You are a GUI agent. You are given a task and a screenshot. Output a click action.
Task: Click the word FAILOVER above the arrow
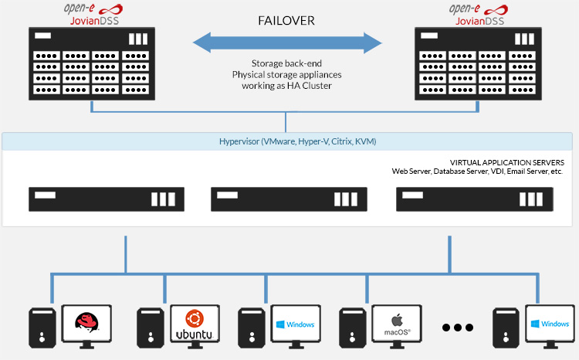pos(286,21)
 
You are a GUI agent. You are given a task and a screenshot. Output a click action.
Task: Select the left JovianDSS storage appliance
pos(92,63)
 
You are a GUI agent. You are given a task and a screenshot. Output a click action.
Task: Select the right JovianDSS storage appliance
pos(479,63)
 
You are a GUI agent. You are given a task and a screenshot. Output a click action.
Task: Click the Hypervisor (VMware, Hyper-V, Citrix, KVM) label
pos(286,142)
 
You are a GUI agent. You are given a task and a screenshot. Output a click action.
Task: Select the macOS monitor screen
pos(397,324)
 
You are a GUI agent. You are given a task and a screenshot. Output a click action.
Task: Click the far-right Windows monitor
pos(550,324)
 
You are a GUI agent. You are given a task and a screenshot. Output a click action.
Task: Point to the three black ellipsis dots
pos(457,328)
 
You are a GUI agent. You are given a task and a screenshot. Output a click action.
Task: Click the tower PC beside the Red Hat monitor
pos(42,329)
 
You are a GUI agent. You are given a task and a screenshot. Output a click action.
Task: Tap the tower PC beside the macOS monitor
pos(352,329)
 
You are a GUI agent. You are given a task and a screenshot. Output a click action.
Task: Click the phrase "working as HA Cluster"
pos(286,86)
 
